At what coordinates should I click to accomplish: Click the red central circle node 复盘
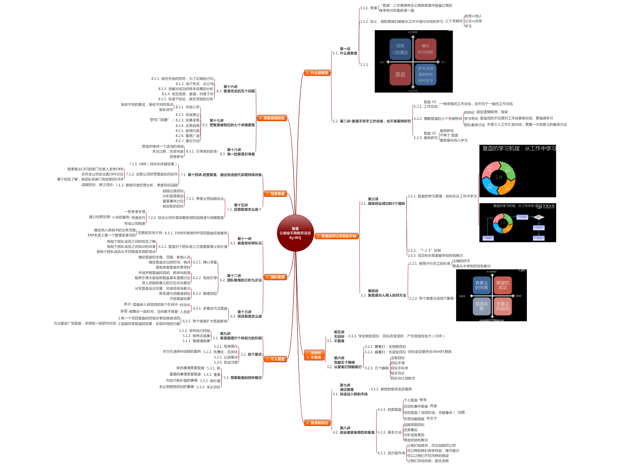(x=295, y=233)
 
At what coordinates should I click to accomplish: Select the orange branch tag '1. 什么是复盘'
(x=317, y=73)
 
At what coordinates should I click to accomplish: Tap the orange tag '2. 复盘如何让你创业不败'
(x=337, y=236)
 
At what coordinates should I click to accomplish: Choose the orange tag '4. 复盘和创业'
(x=317, y=423)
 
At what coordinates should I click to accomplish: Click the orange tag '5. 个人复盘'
(x=275, y=359)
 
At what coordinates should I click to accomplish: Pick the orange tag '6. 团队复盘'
(x=275, y=277)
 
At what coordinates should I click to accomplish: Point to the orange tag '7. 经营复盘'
(x=275, y=194)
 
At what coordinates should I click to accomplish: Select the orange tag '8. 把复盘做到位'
(x=272, y=118)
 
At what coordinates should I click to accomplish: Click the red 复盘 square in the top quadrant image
(x=400, y=75)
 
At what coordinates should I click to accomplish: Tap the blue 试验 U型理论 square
(x=400, y=49)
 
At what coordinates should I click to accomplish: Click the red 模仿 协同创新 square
(x=425, y=49)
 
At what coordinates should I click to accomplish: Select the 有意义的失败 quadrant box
(x=482, y=285)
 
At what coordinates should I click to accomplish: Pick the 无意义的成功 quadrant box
(x=502, y=306)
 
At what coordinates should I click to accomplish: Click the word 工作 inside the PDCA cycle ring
(x=499, y=177)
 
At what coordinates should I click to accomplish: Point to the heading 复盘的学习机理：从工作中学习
(x=519, y=148)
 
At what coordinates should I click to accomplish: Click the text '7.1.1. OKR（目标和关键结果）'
(x=153, y=164)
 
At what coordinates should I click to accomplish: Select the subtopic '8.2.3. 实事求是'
(x=188, y=120)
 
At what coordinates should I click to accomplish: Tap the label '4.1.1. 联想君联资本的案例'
(x=391, y=389)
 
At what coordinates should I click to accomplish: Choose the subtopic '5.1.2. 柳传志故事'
(x=196, y=336)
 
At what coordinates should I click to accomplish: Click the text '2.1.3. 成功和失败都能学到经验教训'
(x=435, y=256)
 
